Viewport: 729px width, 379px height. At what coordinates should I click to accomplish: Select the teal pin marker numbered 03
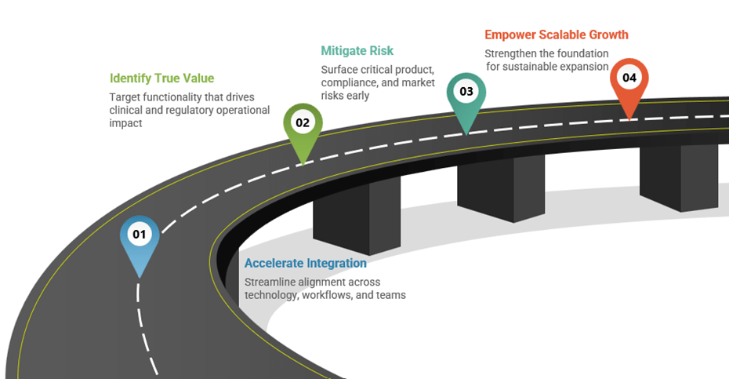(x=466, y=93)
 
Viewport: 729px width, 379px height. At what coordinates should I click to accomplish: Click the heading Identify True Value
(x=161, y=78)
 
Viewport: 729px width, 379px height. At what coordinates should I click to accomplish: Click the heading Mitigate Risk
(x=357, y=51)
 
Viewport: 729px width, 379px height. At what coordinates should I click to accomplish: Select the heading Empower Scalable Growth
(x=556, y=35)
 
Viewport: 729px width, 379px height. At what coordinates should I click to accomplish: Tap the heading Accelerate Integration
(x=305, y=264)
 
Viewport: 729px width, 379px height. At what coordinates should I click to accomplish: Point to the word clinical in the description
(x=127, y=111)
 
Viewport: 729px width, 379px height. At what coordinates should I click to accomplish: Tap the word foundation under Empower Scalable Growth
(x=581, y=53)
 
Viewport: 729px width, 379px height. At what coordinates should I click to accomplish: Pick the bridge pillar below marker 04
(x=679, y=176)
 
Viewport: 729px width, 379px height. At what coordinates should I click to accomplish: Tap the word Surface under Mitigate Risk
(x=340, y=69)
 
